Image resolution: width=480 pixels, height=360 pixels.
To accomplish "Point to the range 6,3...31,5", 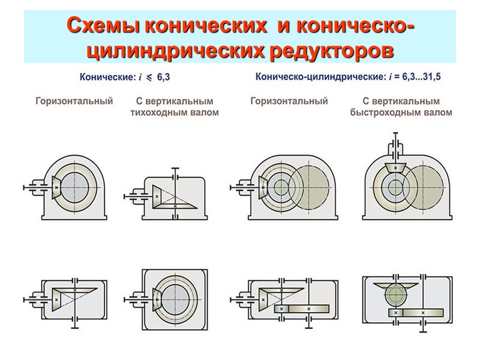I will (425, 77).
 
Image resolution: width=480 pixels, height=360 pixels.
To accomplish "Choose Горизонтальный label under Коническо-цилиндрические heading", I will (289, 101).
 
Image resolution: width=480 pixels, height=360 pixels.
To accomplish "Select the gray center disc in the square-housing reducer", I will (175, 298).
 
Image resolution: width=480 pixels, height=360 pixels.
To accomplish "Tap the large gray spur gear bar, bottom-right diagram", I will (424, 313).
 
